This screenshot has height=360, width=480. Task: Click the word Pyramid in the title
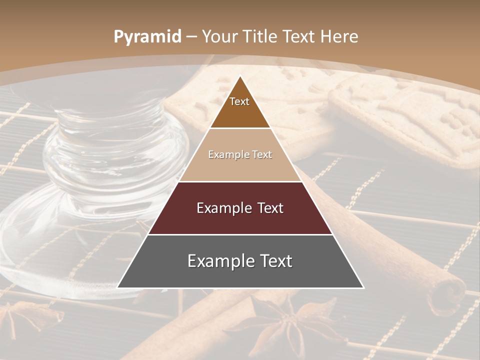147,36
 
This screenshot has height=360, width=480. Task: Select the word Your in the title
219,36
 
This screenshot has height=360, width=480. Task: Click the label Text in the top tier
239,101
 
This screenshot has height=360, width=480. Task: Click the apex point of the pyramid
240,75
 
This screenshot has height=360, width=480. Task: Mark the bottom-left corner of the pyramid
117,287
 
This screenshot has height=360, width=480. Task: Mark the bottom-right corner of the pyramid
363,287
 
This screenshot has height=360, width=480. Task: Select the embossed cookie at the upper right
410,120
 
